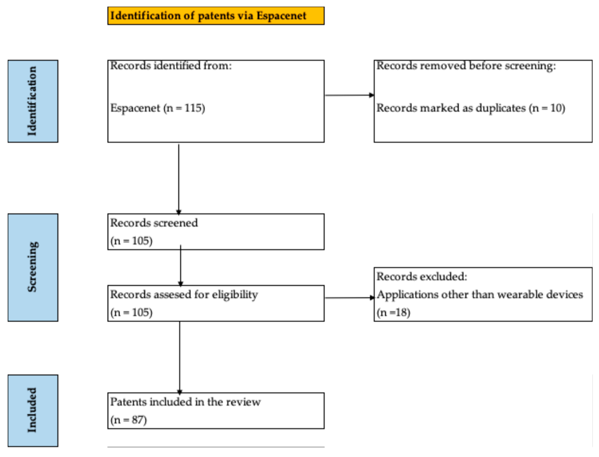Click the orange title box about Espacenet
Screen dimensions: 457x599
coord(216,16)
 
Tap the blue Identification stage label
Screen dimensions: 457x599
coord(33,101)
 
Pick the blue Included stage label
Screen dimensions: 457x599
coord(33,410)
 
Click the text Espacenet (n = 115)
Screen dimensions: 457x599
coord(158,108)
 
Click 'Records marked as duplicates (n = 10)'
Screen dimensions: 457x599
coord(471,108)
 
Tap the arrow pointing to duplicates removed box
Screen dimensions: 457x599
coord(349,95)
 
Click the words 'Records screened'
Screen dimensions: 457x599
coord(154,223)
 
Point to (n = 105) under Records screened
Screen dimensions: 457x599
coord(131,241)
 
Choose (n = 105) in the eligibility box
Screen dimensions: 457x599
coord(131,312)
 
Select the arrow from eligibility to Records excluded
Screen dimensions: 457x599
coord(349,298)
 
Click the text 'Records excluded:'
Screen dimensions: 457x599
coord(422,277)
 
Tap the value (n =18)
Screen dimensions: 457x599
coord(393,312)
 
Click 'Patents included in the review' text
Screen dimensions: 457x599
coord(185,402)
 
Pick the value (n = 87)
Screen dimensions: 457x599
coord(128,420)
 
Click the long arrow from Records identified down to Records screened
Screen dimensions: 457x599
coord(179,178)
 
